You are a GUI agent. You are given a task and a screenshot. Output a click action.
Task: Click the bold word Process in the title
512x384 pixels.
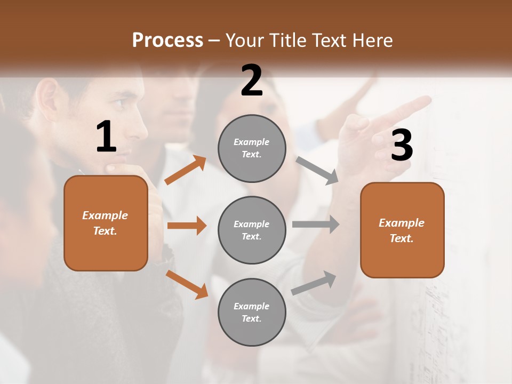click(x=167, y=40)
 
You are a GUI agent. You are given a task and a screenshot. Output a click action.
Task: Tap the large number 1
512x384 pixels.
click(x=106, y=137)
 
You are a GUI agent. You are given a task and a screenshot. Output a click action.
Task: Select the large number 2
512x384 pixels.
click(x=252, y=81)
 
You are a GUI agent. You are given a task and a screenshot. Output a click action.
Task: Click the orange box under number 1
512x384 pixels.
click(x=106, y=223)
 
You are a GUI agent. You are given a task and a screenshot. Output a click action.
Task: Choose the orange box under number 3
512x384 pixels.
click(x=402, y=230)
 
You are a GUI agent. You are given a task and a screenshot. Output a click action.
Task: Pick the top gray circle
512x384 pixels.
click(x=252, y=148)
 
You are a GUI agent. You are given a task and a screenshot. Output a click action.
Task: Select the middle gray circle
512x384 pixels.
click(x=252, y=230)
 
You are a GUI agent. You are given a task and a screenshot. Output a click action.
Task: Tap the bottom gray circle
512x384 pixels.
click(x=252, y=312)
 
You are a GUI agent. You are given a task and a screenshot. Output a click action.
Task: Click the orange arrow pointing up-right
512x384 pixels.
click(x=186, y=170)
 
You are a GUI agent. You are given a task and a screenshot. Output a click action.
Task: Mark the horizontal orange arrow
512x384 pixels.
click(x=187, y=226)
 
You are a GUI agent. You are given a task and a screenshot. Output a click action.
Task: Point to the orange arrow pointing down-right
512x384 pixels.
click(x=187, y=284)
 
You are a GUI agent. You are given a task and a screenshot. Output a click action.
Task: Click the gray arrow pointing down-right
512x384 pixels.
click(x=317, y=171)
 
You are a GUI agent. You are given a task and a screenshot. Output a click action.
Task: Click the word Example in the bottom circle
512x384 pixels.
click(x=251, y=306)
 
